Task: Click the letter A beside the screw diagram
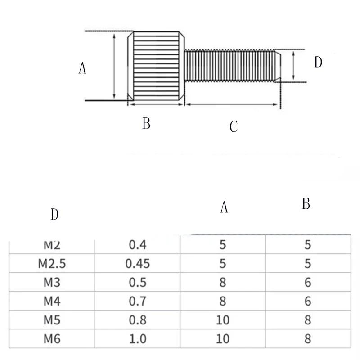point(82,68)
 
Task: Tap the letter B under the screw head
point(146,123)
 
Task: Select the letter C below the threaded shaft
point(233,127)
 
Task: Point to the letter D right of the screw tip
point(318,63)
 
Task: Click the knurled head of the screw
point(157,67)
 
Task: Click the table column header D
point(54,215)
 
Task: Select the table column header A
point(224,207)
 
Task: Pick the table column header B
point(306,204)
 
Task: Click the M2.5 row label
point(52,264)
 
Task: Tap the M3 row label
point(52,283)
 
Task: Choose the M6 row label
point(52,338)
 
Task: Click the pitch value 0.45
point(139,264)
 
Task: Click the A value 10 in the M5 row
point(223,320)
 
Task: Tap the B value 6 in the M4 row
point(308,301)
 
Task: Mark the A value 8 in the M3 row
point(223,283)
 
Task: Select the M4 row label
point(52,301)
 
